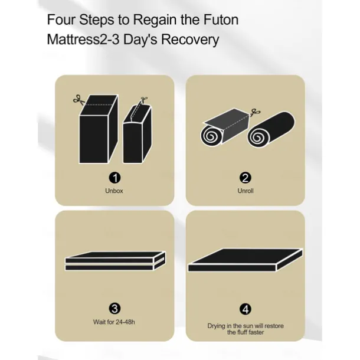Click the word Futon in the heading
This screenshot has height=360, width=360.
click(221, 19)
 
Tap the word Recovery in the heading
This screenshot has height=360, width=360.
click(190, 40)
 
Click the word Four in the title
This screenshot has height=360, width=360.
click(61, 19)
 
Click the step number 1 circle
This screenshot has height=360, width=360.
click(114, 178)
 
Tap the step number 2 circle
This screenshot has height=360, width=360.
click(245, 178)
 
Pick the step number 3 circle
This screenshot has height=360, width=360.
click(114, 309)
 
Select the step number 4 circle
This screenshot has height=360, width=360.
click(245, 309)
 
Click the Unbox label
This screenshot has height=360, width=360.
click(114, 191)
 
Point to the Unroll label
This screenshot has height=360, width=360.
click(246, 191)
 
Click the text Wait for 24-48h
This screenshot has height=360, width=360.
click(114, 322)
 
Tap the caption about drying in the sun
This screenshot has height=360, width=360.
click(246, 329)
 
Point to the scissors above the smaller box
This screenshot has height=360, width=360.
click(144, 100)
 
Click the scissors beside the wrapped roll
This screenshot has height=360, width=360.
click(255, 112)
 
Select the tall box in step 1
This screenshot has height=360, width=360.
click(99, 129)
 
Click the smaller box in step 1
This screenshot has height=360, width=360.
click(138, 133)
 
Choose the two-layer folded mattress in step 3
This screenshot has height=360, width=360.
click(115, 261)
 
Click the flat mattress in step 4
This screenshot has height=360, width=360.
click(246, 260)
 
